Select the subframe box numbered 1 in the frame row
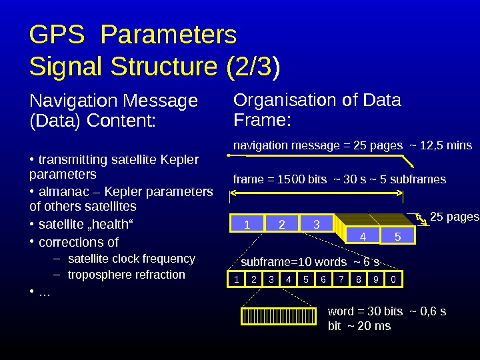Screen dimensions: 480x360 click(247, 225)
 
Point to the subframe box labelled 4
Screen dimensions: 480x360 click(363, 237)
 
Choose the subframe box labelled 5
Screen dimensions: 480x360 click(397, 237)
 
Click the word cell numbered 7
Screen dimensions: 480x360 click(341, 280)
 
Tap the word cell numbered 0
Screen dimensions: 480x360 click(394, 280)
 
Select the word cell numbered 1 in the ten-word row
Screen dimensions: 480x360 click(237, 280)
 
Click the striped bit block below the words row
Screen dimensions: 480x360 click(279, 316)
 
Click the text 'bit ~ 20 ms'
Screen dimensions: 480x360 click(360, 326)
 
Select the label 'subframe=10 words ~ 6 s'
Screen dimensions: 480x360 click(310, 261)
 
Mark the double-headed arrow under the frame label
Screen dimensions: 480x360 click(316, 194)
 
